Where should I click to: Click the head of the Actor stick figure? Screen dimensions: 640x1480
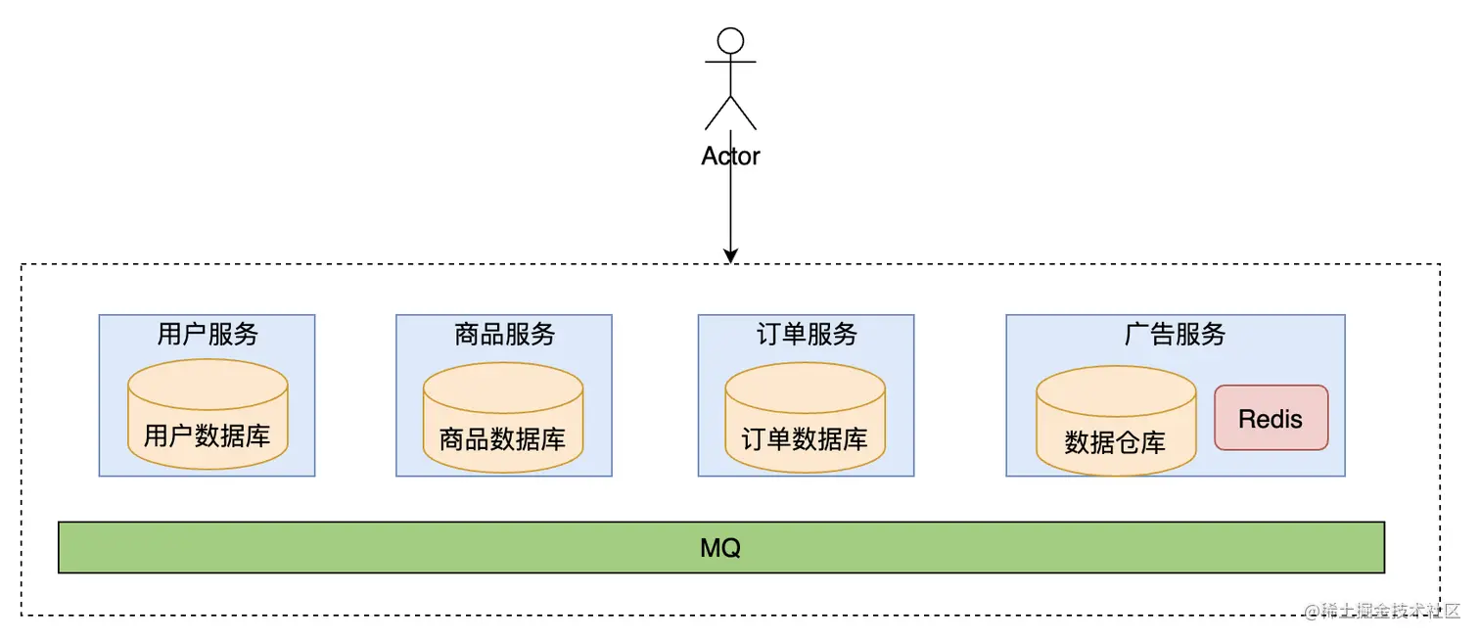pos(730,40)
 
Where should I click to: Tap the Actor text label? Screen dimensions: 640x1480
pos(730,156)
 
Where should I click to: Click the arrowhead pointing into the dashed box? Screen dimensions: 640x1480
pos(730,255)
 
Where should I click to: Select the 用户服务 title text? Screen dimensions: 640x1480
pos(208,335)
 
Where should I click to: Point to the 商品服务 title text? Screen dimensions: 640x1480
pos(504,335)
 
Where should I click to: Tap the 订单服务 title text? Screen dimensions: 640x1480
pos(807,335)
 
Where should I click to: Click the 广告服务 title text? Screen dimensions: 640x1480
pos(1175,335)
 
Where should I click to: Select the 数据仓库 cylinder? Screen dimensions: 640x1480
pos(1115,421)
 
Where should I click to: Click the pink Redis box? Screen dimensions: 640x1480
pos(1271,418)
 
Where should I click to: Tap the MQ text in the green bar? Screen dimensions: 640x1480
pos(720,548)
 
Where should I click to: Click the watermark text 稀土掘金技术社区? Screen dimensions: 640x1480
pos(1381,611)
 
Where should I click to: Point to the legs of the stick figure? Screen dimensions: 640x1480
pos(730,114)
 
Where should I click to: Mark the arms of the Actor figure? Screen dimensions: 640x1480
pos(730,62)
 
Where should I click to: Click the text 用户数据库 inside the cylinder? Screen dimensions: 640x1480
pos(208,435)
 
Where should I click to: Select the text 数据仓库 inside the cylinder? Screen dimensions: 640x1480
pos(1115,442)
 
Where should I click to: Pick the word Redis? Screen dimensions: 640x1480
pos(1271,419)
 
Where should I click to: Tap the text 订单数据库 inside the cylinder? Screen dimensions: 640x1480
pos(805,439)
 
